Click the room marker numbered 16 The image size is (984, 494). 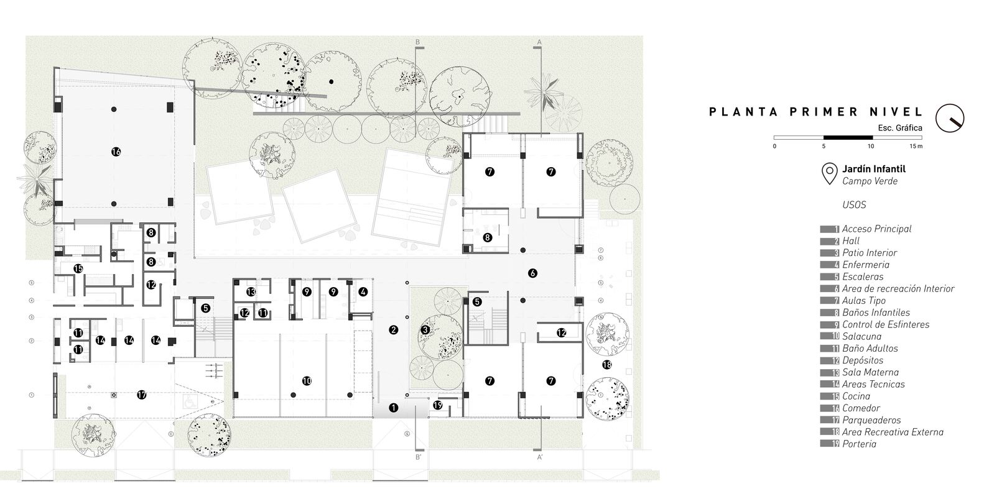point(116,152)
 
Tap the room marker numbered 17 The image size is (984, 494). point(141,395)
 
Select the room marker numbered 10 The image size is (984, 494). point(306,381)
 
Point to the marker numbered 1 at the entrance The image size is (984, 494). point(393,408)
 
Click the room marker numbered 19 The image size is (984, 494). point(437,406)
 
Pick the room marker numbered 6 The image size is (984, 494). point(532,273)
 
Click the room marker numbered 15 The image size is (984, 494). point(78,269)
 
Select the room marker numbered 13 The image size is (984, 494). point(251,291)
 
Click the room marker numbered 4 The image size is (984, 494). point(363,291)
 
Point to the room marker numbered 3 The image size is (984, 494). point(425,330)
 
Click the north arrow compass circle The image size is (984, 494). point(950,117)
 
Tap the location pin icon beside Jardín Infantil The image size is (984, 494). point(829,174)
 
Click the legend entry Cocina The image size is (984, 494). point(856,396)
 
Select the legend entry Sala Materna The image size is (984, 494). point(865,372)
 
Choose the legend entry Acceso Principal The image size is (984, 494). point(876,229)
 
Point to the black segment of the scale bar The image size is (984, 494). point(847,137)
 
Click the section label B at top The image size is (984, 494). point(419,42)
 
